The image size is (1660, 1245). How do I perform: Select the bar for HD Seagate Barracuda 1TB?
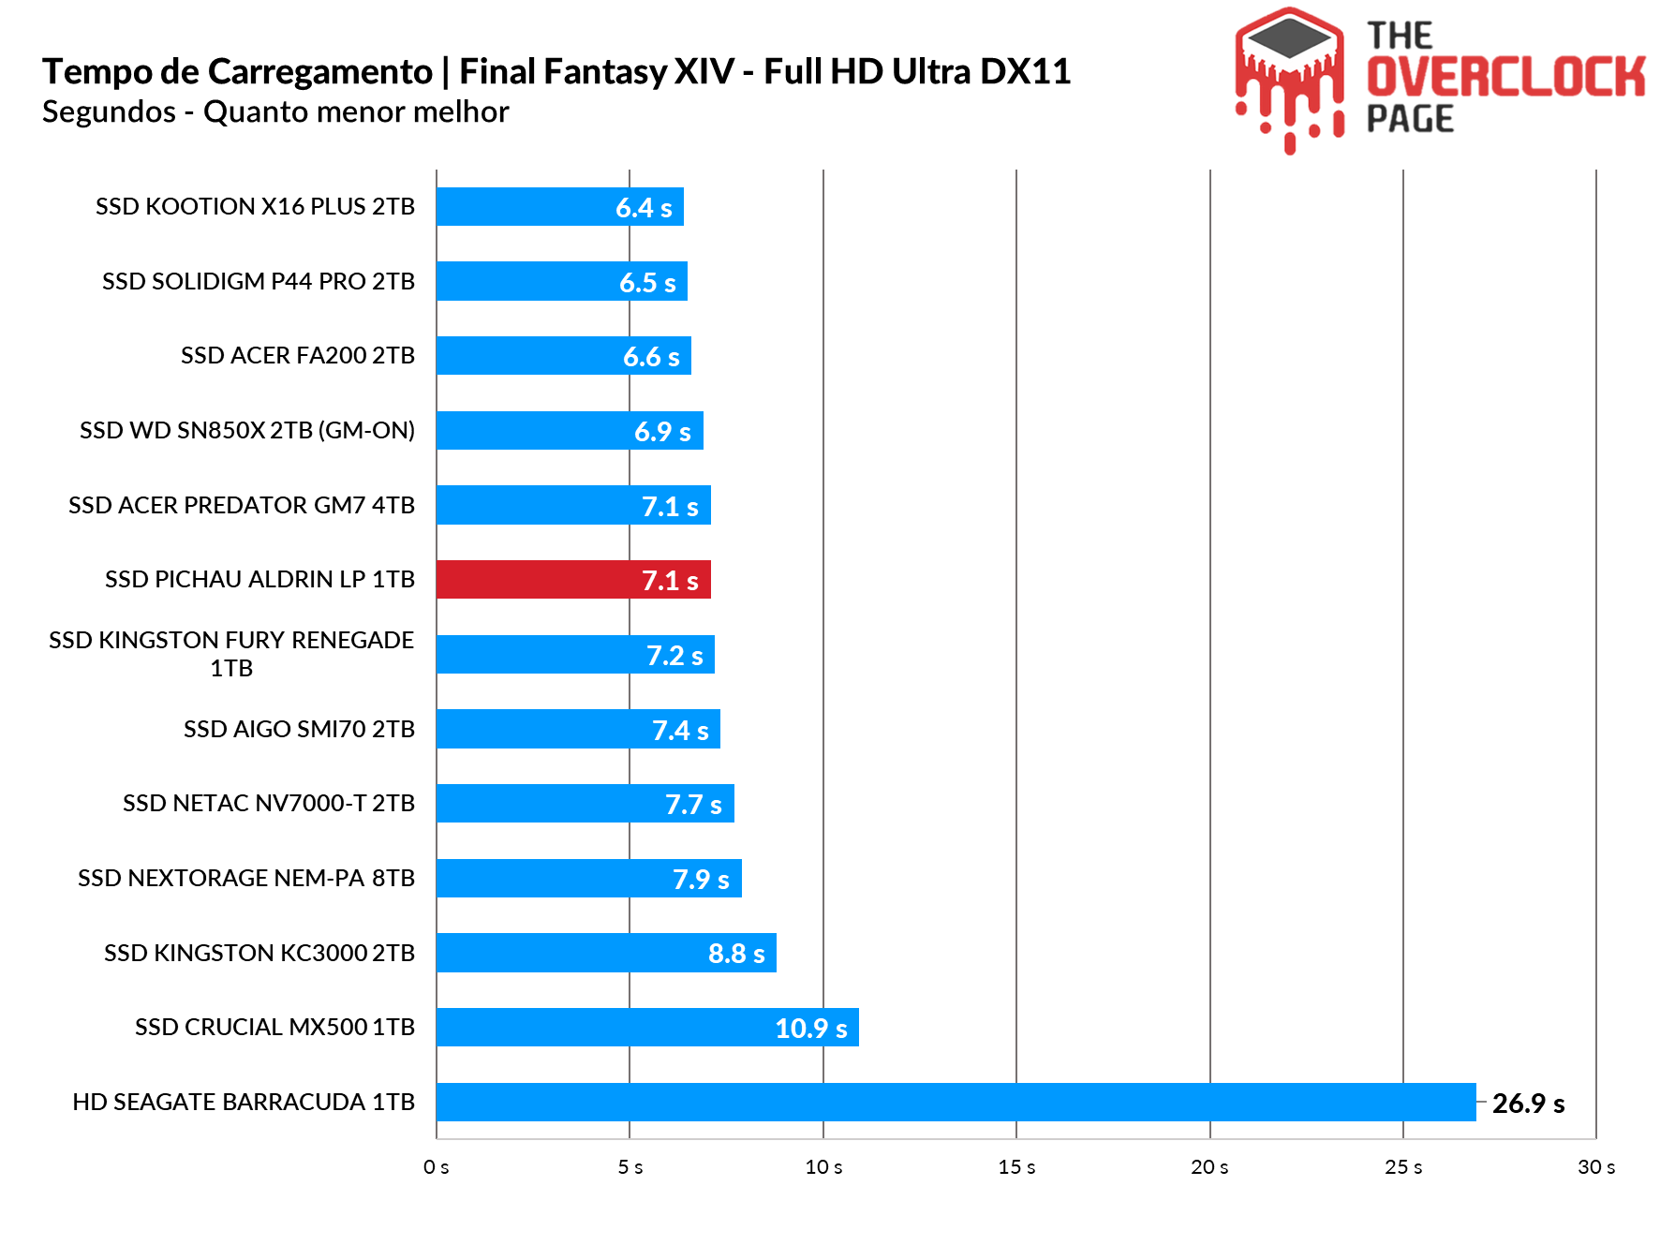pyautogui.click(x=956, y=1102)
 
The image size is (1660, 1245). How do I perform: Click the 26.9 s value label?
pyautogui.click(x=1528, y=1104)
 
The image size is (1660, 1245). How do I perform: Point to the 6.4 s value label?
pyautogui.click(x=644, y=208)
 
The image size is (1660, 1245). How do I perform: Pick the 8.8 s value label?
pyautogui.click(x=736, y=954)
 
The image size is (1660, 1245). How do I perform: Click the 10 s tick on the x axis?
pyautogui.click(x=823, y=1167)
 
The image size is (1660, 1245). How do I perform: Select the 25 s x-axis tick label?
pyautogui.click(x=1403, y=1167)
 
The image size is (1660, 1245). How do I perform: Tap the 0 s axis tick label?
pyautogui.click(x=437, y=1167)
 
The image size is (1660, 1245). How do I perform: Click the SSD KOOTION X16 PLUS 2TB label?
pyautogui.click(x=255, y=207)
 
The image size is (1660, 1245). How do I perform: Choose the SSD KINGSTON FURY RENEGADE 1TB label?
pyautogui.click(x=231, y=654)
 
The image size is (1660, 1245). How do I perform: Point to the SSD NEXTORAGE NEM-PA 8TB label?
pyautogui.click(x=246, y=879)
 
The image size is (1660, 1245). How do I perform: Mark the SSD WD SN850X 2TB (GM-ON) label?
pyautogui.click(x=247, y=431)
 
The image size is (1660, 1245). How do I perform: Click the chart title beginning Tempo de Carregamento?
pyautogui.click(x=556, y=72)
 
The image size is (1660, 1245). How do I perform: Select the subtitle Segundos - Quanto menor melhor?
pyautogui.click(x=275, y=112)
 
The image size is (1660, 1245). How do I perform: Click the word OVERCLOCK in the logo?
pyautogui.click(x=1505, y=77)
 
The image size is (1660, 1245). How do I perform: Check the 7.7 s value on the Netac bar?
pyautogui.click(x=693, y=805)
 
